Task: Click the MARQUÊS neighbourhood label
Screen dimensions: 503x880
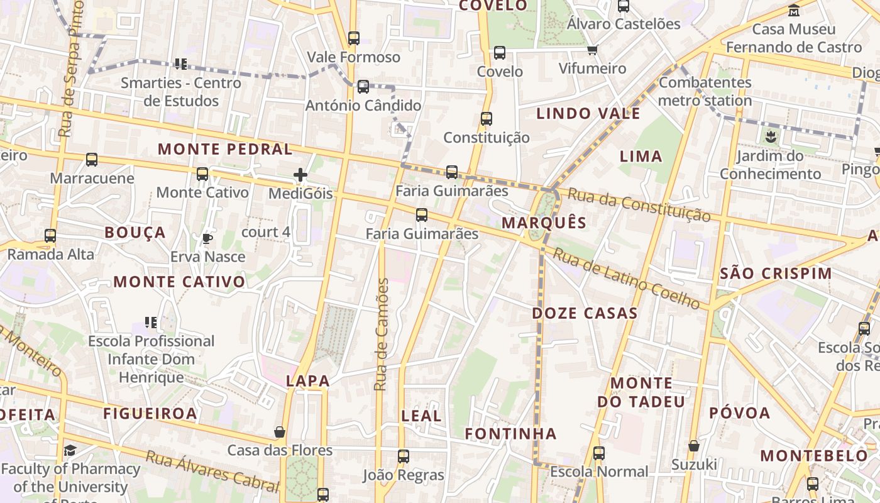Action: (544, 223)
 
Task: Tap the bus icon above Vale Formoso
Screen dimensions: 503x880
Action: (354, 38)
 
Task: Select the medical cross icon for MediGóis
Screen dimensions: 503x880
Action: (300, 175)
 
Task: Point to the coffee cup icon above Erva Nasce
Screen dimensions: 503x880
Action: (207, 238)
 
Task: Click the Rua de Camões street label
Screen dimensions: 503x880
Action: (382, 334)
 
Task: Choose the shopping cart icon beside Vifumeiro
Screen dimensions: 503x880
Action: (592, 50)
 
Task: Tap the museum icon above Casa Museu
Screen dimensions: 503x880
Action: (794, 11)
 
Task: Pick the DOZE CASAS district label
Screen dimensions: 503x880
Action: (585, 313)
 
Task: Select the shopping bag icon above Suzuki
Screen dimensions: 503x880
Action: (693, 446)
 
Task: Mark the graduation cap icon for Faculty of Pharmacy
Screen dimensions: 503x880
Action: (70, 450)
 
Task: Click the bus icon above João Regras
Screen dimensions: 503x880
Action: (404, 456)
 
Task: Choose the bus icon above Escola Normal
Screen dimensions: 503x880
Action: (598, 453)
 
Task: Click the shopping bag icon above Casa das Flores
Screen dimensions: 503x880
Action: (280, 432)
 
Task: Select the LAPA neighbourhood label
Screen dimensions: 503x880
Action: (308, 380)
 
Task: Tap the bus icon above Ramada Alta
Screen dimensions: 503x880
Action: (50, 236)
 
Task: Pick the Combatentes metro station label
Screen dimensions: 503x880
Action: (705, 91)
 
